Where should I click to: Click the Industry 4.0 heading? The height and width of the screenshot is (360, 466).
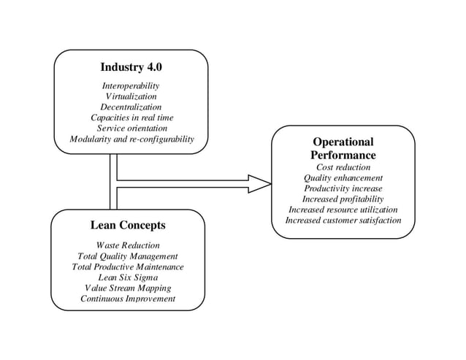point(131,67)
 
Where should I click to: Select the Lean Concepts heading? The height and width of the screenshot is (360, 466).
point(128,225)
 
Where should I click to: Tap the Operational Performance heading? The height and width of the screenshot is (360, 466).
point(343,149)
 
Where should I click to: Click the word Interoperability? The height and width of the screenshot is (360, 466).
point(131,86)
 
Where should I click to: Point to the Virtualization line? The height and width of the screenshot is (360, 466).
point(131,96)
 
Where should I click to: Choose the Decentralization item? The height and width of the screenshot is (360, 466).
point(131,107)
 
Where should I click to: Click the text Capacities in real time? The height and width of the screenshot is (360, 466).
point(131,118)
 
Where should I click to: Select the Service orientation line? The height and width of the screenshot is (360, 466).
point(131,128)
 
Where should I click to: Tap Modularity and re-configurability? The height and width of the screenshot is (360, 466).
point(131,139)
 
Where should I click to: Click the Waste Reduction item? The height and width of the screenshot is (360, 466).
point(128,245)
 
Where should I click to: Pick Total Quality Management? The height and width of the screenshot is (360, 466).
point(128,256)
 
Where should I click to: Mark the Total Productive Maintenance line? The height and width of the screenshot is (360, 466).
point(128,267)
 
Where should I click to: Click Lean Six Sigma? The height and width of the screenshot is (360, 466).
point(128,277)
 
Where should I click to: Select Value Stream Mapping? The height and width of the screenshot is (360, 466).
point(128,288)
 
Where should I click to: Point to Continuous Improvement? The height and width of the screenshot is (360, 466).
point(128,299)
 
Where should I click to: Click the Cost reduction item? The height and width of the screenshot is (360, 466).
point(343,167)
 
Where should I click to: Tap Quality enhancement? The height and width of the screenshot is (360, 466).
point(343,177)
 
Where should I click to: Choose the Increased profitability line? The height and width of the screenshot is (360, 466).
point(343,199)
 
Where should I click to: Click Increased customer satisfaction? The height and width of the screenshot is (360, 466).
point(343,220)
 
